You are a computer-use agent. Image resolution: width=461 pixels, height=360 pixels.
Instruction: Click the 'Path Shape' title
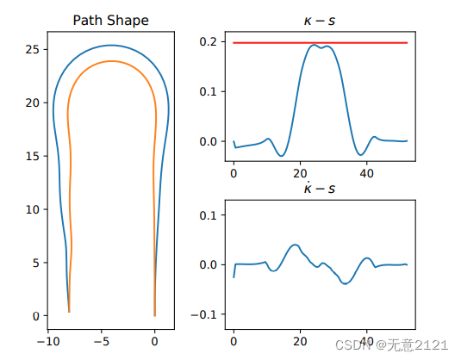click(x=110, y=20)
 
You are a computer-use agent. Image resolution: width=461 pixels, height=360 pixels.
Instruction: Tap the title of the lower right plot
click(x=320, y=187)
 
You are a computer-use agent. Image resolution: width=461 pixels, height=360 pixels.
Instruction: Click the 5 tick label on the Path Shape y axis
click(x=35, y=263)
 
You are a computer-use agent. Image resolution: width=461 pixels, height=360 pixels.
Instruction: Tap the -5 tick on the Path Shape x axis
click(x=102, y=339)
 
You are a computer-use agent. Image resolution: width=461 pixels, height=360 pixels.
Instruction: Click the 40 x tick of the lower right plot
click(x=366, y=339)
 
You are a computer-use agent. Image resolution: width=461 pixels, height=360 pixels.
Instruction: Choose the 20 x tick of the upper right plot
click(x=300, y=172)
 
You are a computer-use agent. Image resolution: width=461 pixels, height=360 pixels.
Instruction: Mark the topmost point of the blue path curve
click(x=110, y=46)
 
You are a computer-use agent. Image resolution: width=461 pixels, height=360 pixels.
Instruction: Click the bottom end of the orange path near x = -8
click(x=69, y=312)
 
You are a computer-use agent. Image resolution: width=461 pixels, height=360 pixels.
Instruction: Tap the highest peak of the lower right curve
click(x=295, y=245)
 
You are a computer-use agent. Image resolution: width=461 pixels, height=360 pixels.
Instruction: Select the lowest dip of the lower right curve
click(x=346, y=283)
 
